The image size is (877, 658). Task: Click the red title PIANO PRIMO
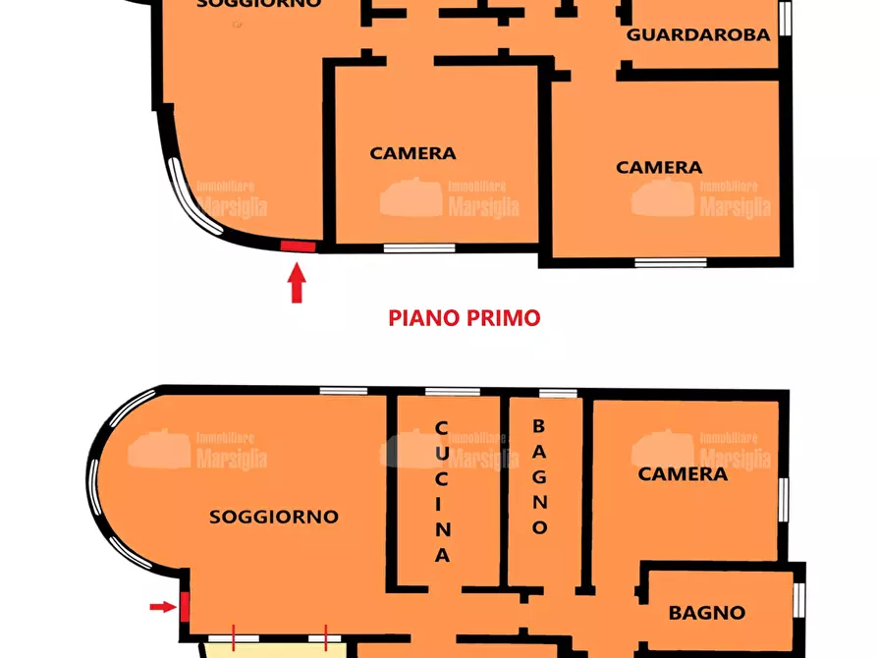pyautogui.click(x=465, y=318)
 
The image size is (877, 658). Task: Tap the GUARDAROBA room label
pyautogui.click(x=697, y=34)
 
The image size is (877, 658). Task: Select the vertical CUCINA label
pyautogui.click(x=442, y=492)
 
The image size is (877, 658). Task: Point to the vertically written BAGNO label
pyautogui.click(x=538, y=477)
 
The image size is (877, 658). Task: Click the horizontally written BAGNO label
pyautogui.click(x=706, y=613)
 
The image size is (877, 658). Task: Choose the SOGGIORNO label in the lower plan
pyautogui.click(x=274, y=517)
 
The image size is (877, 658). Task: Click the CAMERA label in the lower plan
pyautogui.click(x=683, y=474)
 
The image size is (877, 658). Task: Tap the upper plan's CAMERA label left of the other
pyautogui.click(x=412, y=153)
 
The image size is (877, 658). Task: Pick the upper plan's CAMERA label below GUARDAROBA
pyautogui.click(x=659, y=168)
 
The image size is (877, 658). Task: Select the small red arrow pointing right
pyautogui.click(x=162, y=607)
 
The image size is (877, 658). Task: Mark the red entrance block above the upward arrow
pyautogui.click(x=298, y=247)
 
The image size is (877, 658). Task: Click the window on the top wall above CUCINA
pyautogui.click(x=453, y=392)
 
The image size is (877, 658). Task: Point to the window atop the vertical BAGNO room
pyautogui.click(x=558, y=393)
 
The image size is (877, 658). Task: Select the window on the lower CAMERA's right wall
pyautogui.click(x=784, y=499)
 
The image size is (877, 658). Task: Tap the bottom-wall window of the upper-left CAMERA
pyautogui.click(x=419, y=248)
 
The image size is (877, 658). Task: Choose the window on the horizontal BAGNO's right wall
pyautogui.click(x=798, y=599)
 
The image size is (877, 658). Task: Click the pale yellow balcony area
pyautogui.click(x=275, y=650)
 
